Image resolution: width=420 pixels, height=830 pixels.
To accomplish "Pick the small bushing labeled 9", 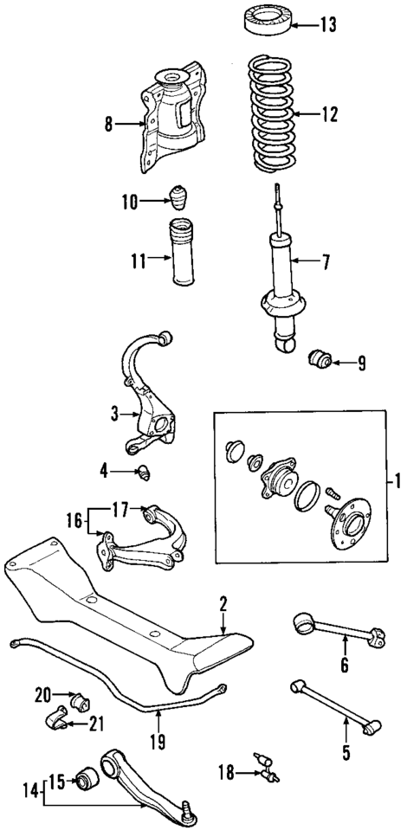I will (x=320, y=357).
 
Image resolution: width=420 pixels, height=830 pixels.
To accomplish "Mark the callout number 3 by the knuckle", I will (x=113, y=415).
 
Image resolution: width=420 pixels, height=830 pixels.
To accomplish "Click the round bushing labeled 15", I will (x=85, y=782).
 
